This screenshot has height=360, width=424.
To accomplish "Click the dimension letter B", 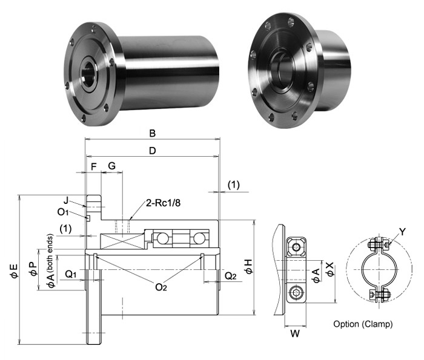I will click(153, 133).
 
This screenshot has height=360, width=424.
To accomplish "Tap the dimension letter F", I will click(93, 166).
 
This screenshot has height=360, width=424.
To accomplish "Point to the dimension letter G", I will click(111, 166).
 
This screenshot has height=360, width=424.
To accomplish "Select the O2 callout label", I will click(161, 287).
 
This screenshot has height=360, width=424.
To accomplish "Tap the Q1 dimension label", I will click(71, 273).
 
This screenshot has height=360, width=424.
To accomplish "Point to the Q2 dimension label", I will click(230, 276).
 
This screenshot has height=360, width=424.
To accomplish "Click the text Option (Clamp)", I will click(363, 324).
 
